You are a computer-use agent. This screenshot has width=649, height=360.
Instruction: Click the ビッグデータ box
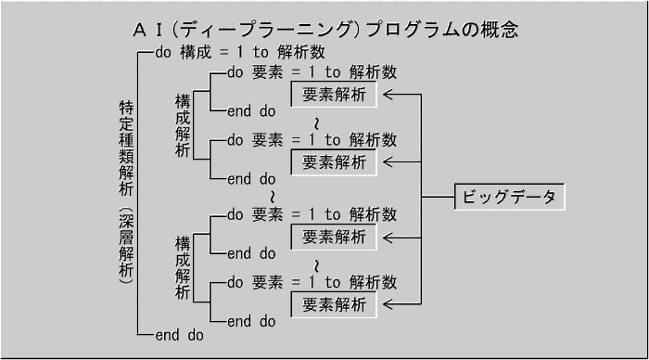509,198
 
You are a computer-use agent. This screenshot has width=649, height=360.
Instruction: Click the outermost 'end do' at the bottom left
179,334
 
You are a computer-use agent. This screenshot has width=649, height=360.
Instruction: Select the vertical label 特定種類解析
127,148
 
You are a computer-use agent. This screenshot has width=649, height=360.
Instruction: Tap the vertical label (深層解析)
127,246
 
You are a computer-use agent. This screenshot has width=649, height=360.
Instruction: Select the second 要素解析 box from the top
334,162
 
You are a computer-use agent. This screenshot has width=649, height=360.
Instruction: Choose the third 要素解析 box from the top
334,236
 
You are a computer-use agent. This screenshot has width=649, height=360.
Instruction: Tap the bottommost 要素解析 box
334,303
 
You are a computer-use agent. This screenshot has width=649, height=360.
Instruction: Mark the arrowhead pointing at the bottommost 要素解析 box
388,303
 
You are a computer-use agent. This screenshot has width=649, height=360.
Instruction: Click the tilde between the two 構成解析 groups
272,197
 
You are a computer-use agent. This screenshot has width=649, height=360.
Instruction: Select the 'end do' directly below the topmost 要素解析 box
251,111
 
